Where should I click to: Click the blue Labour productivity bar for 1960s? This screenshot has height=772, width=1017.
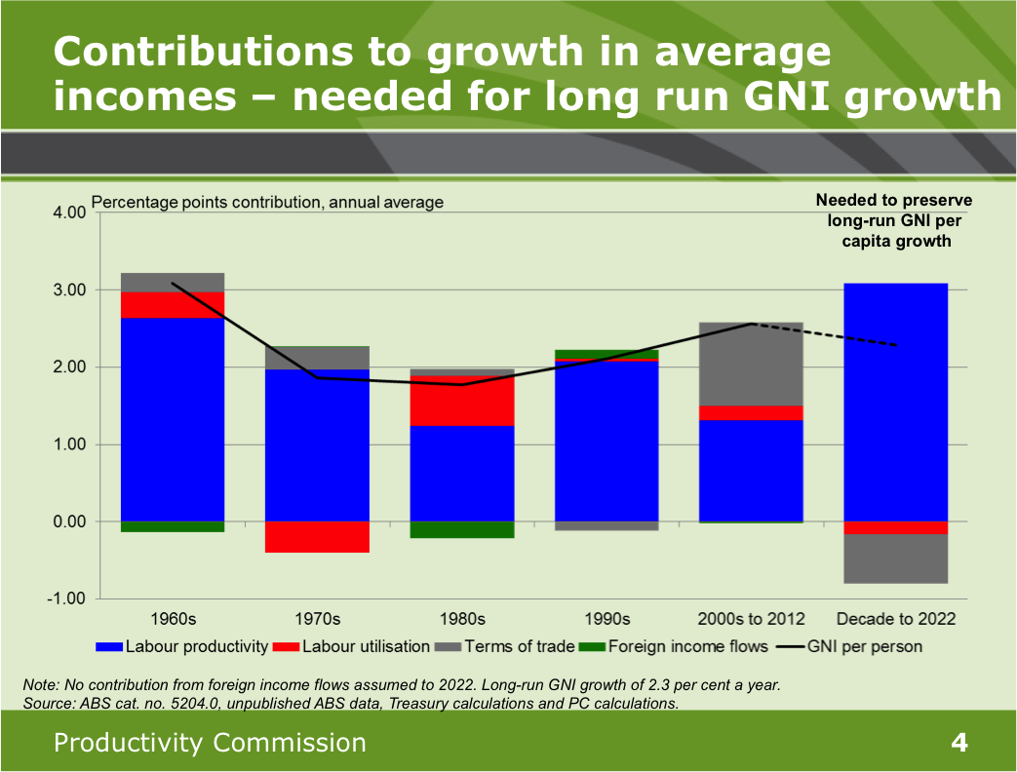tap(172, 419)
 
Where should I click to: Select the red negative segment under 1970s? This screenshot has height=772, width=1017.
tap(317, 537)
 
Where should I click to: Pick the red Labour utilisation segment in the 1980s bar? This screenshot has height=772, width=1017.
tap(461, 401)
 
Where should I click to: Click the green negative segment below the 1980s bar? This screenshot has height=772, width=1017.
tap(461, 529)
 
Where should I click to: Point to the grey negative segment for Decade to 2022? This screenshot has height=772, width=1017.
tap(895, 559)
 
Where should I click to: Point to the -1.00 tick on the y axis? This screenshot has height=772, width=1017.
tap(67, 598)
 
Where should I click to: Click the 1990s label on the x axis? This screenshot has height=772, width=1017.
tap(606, 619)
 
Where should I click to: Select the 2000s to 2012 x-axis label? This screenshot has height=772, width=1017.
tap(751, 619)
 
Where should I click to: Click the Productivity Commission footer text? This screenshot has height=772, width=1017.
tap(211, 743)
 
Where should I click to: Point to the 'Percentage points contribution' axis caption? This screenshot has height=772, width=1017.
tap(267, 203)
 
